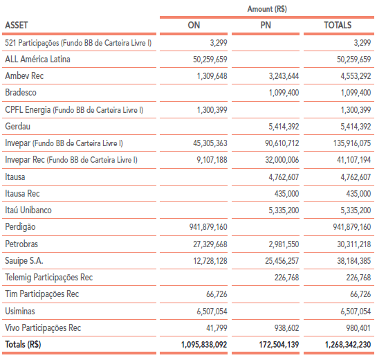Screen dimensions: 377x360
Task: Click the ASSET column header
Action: pyautogui.click(x=17, y=25)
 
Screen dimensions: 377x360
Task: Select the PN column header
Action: pyautogui.click(x=266, y=25)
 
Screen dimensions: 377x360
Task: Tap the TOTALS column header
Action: pyautogui.click(x=338, y=25)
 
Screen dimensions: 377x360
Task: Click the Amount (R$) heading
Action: pyautogui.click(x=267, y=9)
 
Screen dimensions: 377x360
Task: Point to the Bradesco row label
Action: pyautogui.click(x=21, y=92)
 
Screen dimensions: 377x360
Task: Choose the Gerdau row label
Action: pyautogui.click(x=17, y=126)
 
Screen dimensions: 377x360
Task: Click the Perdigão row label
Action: pyautogui.click(x=20, y=227)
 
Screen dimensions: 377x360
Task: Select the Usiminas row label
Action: pyautogui.click(x=20, y=311)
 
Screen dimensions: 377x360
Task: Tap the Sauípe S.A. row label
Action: pyautogui.click(x=24, y=261)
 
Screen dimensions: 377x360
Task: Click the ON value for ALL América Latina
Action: pyautogui.click(x=210, y=60)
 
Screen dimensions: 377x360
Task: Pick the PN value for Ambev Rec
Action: pyautogui.click(x=284, y=76)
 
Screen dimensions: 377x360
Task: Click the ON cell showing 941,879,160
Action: pyautogui.click(x=208, y=227)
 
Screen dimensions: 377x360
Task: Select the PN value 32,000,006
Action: pyautogui.click(x=282, y=160)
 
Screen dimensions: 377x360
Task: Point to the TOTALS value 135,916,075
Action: pyautogui.click(x=352, y=143)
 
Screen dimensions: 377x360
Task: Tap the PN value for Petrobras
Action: pyautogui.click(x=284, y=244)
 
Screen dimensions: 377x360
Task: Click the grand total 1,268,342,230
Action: pyautogui.click(x=348, y=345)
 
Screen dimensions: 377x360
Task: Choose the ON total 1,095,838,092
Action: pyautogui.click(x=204, y=345)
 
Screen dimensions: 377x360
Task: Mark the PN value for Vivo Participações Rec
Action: pyautogui.click(x=286, y=327)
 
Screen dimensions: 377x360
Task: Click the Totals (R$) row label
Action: pyautogui.click(x=23, y=344)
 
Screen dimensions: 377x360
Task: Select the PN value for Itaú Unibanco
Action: pyautogui.click(x=284, y=210)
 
